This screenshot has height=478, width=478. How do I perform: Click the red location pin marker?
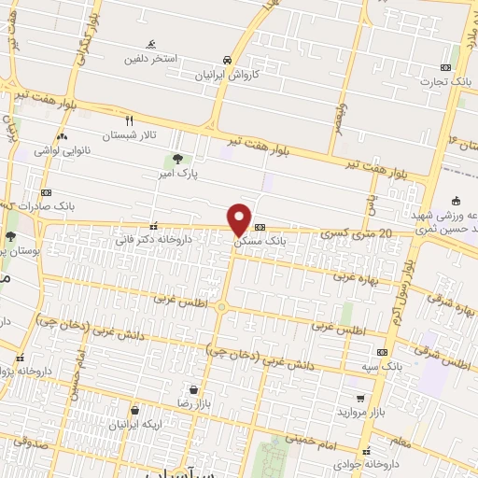240,219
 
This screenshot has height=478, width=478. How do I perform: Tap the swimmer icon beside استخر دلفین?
151,45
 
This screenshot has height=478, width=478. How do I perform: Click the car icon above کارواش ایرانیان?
227,59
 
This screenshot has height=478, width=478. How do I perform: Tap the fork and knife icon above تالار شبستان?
130,120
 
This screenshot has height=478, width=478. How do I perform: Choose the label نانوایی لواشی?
62,149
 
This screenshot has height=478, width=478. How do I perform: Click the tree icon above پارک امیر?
177,160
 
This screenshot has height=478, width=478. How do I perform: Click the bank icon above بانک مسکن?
260,227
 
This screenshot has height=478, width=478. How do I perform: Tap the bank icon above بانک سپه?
381,352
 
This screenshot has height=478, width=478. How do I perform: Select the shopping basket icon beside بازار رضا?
193,389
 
